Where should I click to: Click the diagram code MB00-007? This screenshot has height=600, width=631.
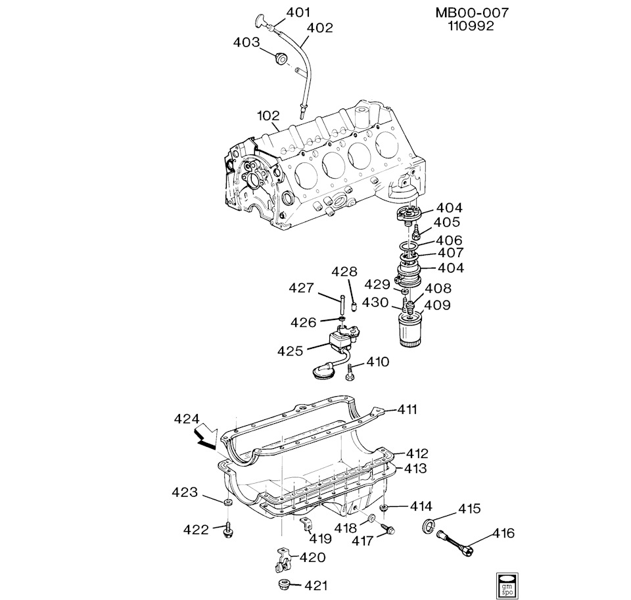click(472, 13)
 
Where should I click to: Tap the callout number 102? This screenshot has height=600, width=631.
click(268, 116)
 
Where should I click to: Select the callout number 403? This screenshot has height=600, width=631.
click(246, 42)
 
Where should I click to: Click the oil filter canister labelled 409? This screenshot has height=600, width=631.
click(411, 329)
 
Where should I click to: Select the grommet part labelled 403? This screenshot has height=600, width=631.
click(280, 58)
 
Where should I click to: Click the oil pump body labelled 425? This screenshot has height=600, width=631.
click(342, 339)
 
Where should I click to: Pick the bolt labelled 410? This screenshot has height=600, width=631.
click(350, 371)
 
